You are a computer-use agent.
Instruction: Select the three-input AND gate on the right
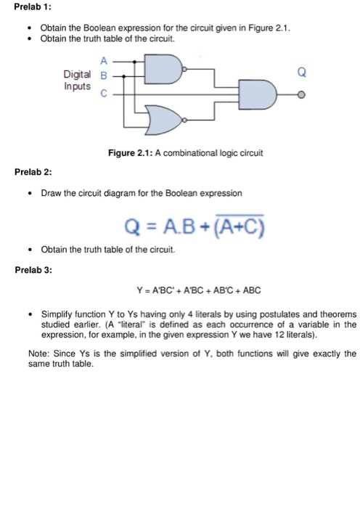260,94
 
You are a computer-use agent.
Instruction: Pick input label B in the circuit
103,74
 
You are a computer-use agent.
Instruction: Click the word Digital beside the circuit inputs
78,74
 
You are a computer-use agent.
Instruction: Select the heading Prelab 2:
33,173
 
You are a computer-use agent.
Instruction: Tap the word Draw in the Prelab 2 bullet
52,194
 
